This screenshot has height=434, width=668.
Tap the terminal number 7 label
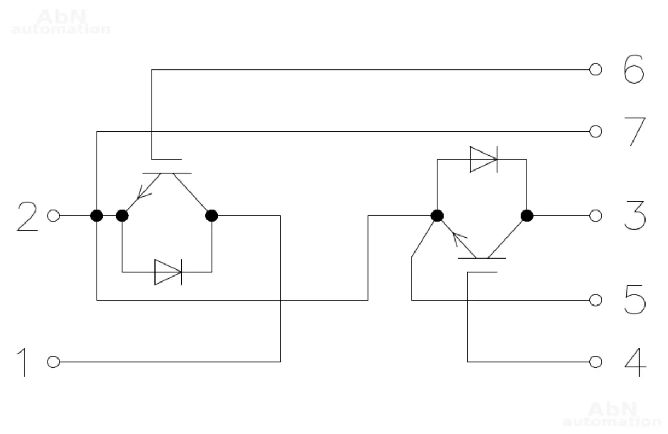pyautogui.click(x=636, y=131)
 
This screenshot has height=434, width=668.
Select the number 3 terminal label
pyautogui.click(x=635, y=216)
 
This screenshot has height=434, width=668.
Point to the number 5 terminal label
pyautogui.click(x=635, y=300)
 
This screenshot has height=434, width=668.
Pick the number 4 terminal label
pyautogui.click(x=635, y=362)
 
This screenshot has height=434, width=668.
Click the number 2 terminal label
pyautogui.click(x=27, y=216)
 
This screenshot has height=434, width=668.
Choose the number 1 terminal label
pyautogui.click(x=22, y=362)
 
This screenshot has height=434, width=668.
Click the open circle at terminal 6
pyautogui.click(x=596, y=69)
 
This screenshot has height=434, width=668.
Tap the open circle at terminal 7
pyautogui.click(x=596, y=131)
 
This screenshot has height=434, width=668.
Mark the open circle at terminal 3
pyautogui.click(x=596, y=216)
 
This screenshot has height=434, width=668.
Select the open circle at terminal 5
pyautogui.click(x=596, y=300)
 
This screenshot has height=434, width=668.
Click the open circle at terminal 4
pyautogui.click(x=596, y=362)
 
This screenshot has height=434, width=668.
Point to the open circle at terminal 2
pyautogui.click(x=53, y=216)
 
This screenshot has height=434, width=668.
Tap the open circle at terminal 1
pyautogui.click(x=53, y=362)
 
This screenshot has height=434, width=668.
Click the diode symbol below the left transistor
pyautogui.click(x=168, y=272)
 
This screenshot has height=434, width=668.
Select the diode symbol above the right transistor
pyautogui.click(x=483, y=160)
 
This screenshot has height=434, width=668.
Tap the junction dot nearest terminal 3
pyautogui.click(x=527, y=216)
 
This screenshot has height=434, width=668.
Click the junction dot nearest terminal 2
pyautogui.click(x=97, y=216)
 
